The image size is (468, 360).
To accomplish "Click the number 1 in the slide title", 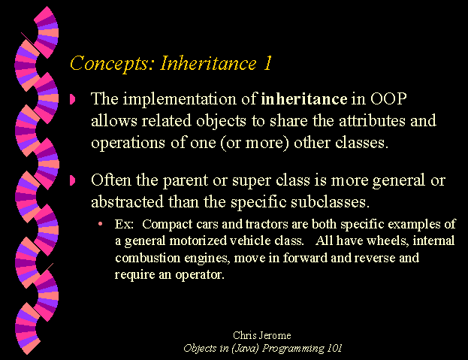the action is pyautogui.click(x=267, y=62).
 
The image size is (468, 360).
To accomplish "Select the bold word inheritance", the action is pyautogui.click(x=303, y=98).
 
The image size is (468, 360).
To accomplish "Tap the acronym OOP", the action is pyautogui.click(x=388, y=98).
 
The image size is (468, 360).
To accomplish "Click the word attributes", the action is pyautogui.click(x=372, y=121).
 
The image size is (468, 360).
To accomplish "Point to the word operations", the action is pyautogui.click(x=128, y=143).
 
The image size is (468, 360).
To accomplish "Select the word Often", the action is pyautogui.click(x=111, y=180).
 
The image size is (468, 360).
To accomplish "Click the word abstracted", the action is pyautogui.click(x=128, y=201).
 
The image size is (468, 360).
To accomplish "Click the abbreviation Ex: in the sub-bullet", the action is pyautogui.click(x=124, y=224).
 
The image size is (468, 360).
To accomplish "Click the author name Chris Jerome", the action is pyautogui.click(x=261, y=335).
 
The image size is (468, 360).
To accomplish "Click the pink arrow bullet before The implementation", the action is pyautogui.click(x=73, y=99).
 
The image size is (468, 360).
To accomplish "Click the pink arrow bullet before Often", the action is pyautogui.click(x=73, y=180).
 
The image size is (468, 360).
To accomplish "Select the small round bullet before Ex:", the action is pyautogui.click(x=101, y=223).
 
